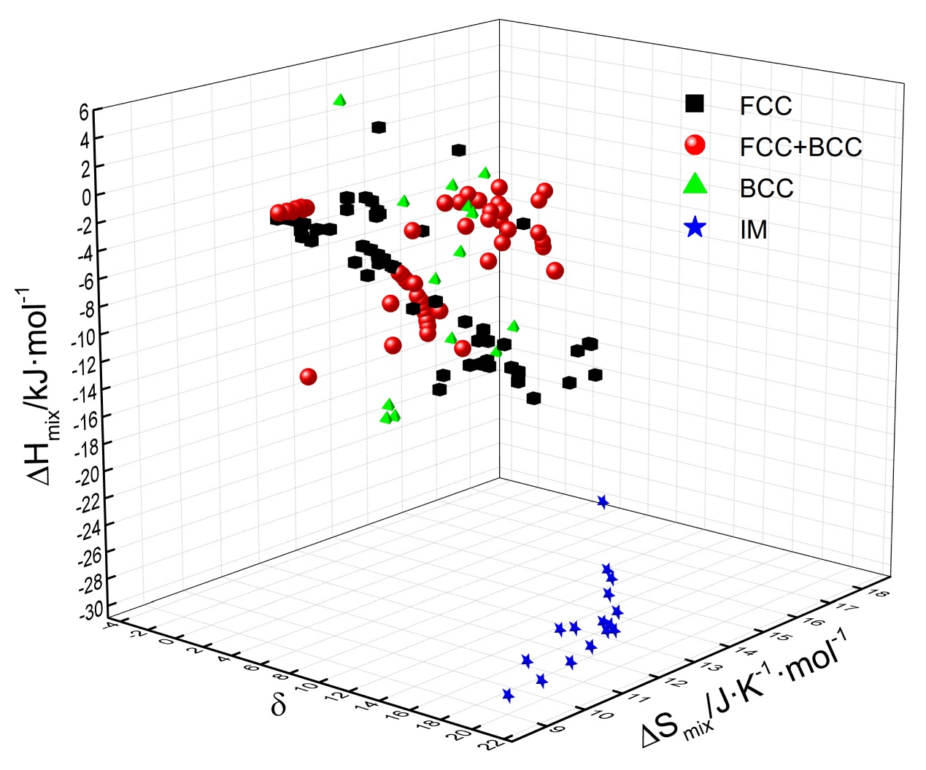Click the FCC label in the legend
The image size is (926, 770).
click(x=765, y=107)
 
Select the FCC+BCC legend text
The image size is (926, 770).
click(x=800, y=147)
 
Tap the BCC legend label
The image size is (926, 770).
click(x=766, y=188)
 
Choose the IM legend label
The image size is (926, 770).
click(x=754, y=230)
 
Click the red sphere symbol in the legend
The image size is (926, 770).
click(x=695, y=145)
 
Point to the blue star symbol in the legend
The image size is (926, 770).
click(x=695, y=228)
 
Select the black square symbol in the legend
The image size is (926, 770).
click(x=695, y=104)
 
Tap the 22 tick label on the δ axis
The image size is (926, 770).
click(x=493, y=743)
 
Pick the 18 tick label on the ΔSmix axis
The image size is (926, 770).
click(x=879, y=593)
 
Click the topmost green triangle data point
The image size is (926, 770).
click(x=339, y=100)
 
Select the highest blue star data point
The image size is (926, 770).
click(x=603, y=501)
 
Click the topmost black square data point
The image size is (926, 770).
click(x=379, y=128)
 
